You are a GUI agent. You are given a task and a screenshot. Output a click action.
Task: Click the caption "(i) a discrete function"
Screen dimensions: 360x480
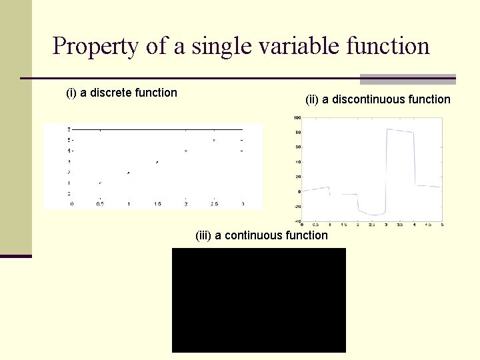click(x=121, y=93)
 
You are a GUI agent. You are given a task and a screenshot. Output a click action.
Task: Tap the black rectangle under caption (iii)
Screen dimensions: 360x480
click(x=259, y=300)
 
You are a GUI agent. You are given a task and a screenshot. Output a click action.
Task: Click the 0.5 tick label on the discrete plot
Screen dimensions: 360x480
click(x=100, y=204)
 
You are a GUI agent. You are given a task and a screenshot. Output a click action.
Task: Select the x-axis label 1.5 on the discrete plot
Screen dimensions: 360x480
click(x=157, y=204)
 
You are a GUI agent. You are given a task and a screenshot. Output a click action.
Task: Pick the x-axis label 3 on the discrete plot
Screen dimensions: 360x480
click(x=243, y=204)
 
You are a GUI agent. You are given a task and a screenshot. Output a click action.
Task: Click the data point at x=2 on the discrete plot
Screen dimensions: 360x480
click(x=186, y=151)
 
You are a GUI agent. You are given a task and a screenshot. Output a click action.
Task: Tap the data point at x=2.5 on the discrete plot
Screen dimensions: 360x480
click(x=214, y=141)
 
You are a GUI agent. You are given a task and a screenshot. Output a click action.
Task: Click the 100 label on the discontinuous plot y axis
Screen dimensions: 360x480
click(x=297, y=118)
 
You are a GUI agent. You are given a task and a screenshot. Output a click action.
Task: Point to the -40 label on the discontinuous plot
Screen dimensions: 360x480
click(x=297, y=221)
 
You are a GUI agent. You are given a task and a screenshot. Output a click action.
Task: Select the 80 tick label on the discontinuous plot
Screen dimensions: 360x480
click(x=297, y=133)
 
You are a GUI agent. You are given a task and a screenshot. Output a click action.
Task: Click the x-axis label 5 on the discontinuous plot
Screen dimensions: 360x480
click(x=442, y=225)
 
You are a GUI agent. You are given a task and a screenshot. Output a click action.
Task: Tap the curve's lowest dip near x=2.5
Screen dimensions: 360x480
click(x=373, y=215)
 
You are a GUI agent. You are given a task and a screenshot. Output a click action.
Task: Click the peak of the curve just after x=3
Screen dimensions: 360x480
click(x=388, y=129)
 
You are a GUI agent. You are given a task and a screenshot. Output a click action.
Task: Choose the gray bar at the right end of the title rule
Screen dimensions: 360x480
click(x=407, y=79)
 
